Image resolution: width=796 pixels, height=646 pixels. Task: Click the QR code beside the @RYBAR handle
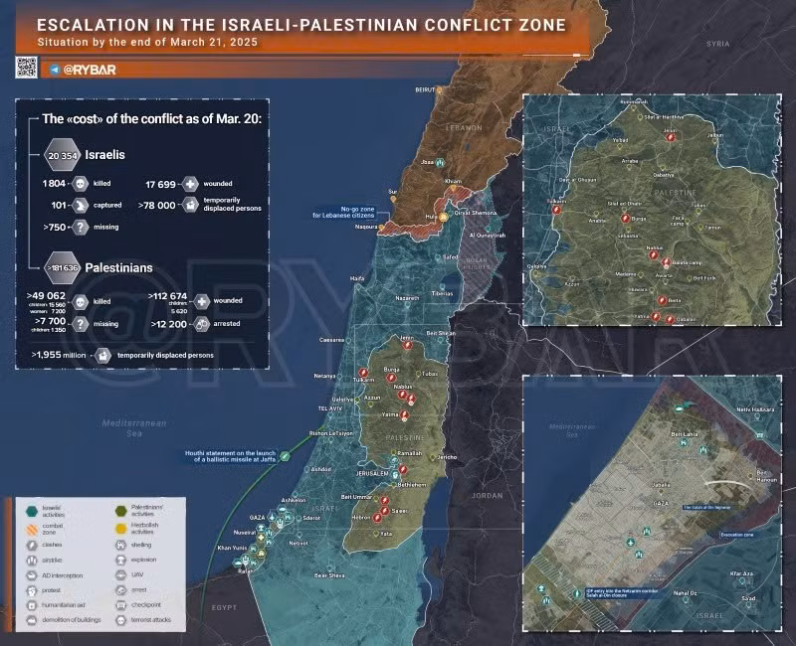tap(26, 68)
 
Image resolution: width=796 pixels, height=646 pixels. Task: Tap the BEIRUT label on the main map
tap(425, 89)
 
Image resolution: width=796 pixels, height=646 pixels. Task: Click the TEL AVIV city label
tap(329, 408)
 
